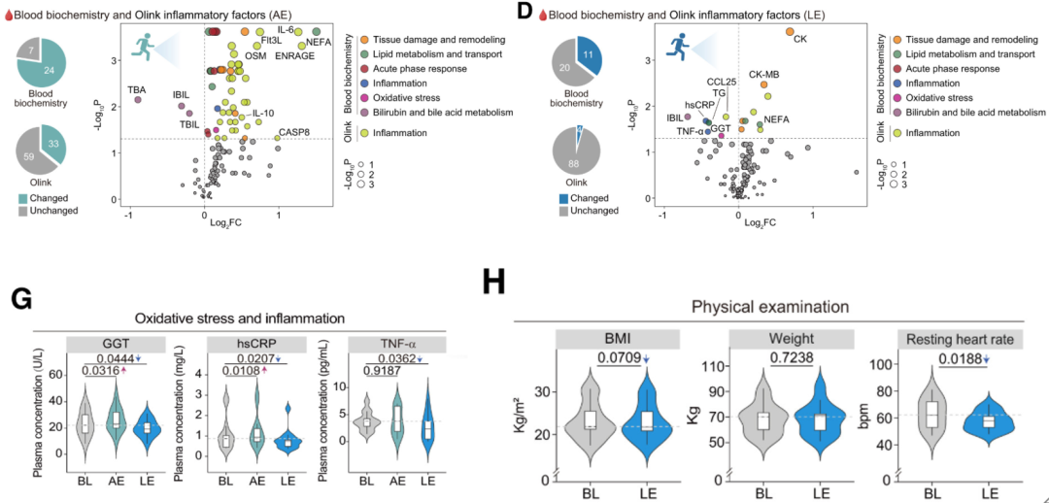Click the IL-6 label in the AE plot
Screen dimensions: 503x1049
tap(286, 30)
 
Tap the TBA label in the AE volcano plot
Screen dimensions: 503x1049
tap(137, 89)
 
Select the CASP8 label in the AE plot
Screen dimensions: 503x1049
tap(294, 131)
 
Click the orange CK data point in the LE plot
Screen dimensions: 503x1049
tap(790, 32)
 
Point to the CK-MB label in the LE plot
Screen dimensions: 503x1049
tap(764, 75)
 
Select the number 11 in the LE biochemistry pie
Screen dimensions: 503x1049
tap(590, 56)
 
